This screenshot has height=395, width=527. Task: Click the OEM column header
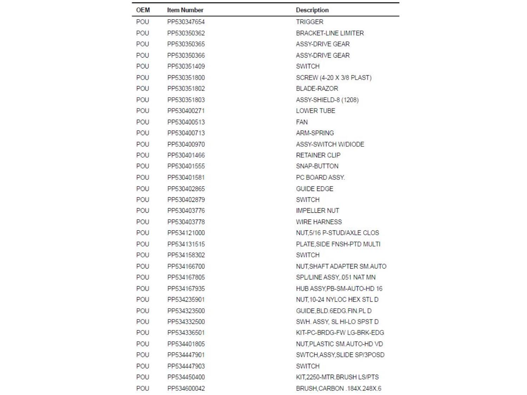point(143,10)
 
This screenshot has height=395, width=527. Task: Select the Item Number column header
point(185,10)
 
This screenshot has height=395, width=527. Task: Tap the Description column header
point(312,10)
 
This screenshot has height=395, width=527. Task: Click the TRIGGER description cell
point(310,22)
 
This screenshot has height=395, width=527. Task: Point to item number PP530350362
point(186,33)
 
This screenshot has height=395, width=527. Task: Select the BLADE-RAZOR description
point(317,88)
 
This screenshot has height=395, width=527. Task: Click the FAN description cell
point(302,122)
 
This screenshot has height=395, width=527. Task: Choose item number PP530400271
point(186,111)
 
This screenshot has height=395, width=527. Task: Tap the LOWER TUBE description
point(315,111)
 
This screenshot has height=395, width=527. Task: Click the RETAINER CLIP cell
point(318,155)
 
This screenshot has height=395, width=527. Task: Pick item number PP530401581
point(186,177)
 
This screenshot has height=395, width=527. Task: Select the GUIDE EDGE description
point(314,189)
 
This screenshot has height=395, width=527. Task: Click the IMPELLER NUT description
point(318,211)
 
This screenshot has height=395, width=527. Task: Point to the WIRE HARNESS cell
point(319,222)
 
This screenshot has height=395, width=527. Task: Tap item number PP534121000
point(186,233)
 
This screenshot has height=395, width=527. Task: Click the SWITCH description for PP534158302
point(308,255)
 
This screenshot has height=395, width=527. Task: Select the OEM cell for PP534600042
point(143,388)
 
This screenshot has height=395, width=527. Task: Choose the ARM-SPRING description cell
point(315,133)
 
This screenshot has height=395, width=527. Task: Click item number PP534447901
point(186,355)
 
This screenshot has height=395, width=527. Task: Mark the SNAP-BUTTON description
point(317,166)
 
